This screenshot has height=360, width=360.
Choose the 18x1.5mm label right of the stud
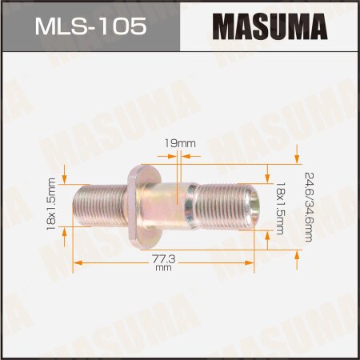click(x=280, y=206)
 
